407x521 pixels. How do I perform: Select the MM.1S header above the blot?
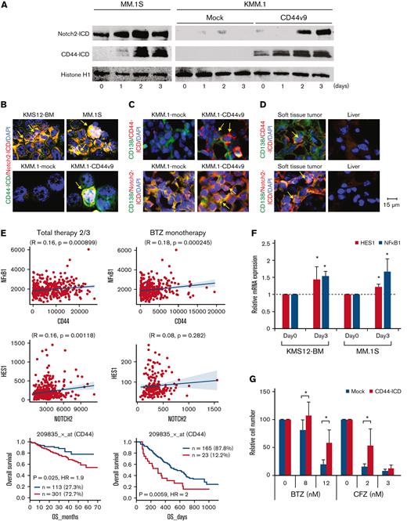tap(118, 5)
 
